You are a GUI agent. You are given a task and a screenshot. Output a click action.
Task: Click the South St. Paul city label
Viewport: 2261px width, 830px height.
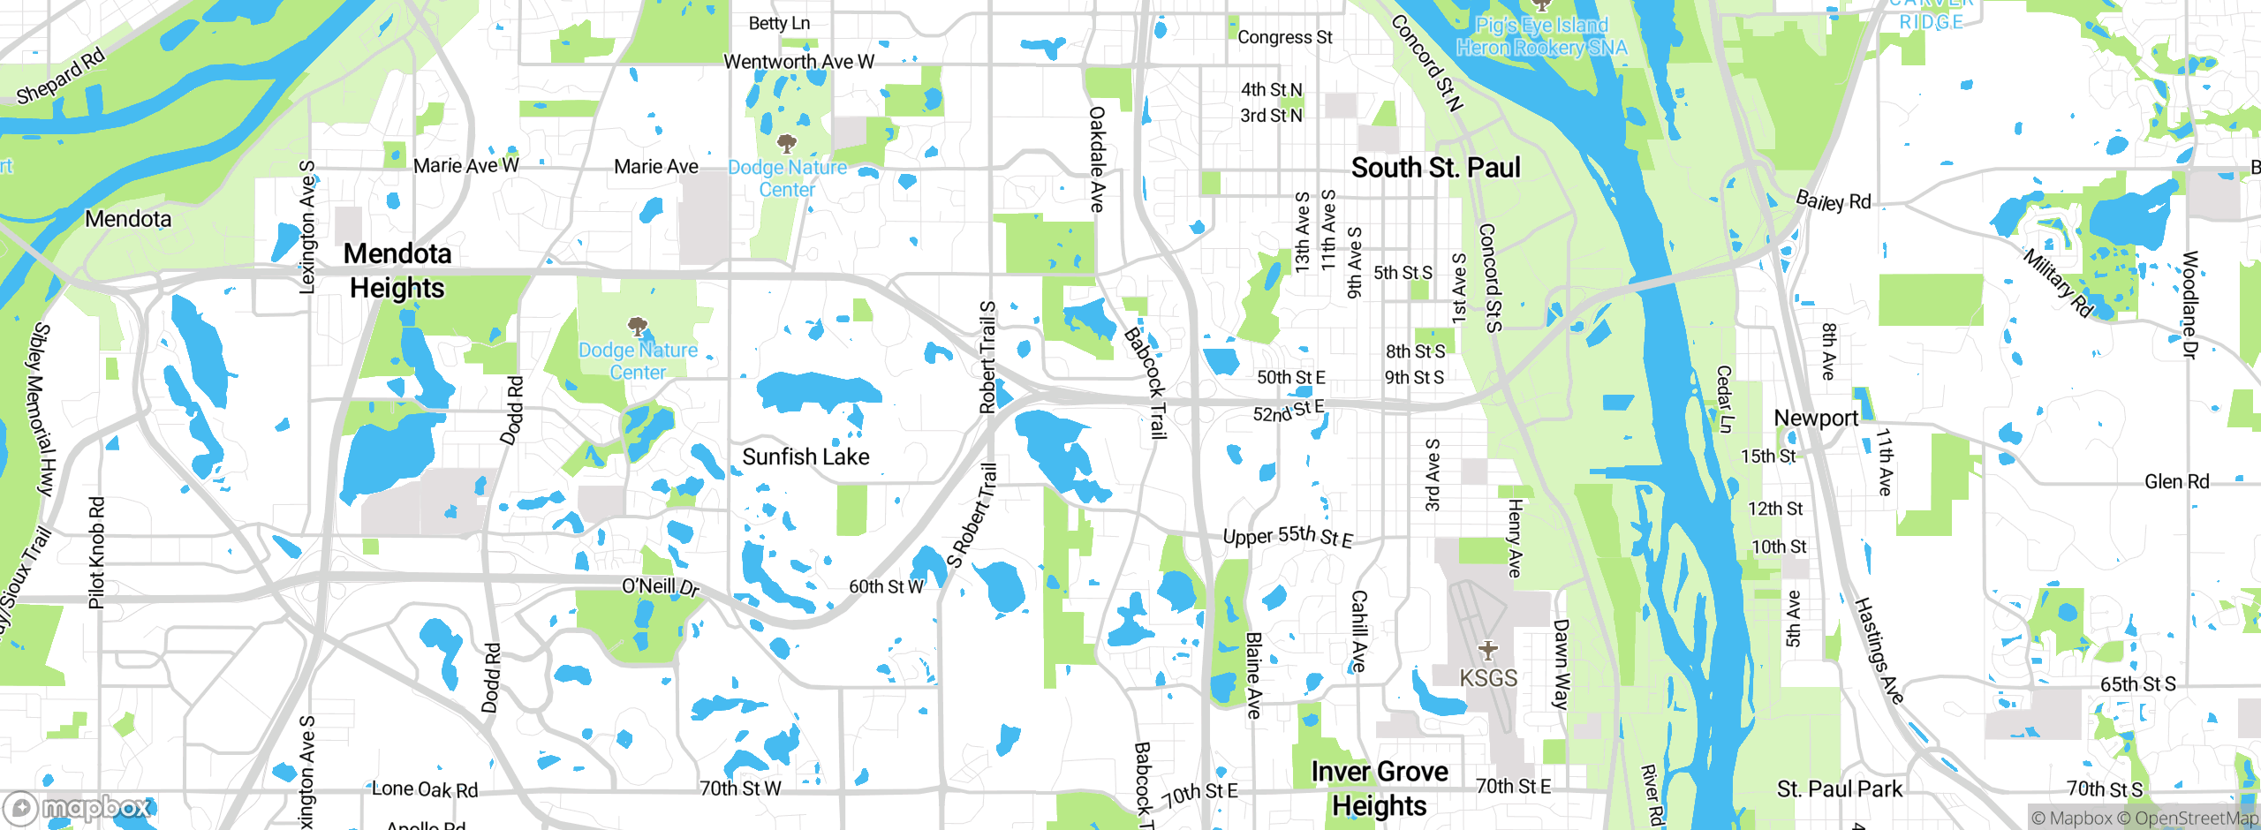1435,168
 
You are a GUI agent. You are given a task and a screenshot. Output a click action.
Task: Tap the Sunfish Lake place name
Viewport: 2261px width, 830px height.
805,456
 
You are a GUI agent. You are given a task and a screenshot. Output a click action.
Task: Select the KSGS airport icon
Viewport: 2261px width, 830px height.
1488,651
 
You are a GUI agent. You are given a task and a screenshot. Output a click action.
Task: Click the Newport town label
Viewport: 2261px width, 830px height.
1816,419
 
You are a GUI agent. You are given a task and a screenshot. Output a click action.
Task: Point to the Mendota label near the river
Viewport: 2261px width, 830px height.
128,219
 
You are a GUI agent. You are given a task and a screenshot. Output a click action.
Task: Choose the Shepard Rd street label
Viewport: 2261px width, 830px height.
60,76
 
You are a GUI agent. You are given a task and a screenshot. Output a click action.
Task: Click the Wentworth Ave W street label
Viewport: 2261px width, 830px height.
798,62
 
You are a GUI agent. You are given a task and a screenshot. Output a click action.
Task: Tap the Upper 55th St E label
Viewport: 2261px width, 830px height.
1287,536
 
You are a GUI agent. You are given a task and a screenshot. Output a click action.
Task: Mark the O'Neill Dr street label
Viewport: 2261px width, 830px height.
660,586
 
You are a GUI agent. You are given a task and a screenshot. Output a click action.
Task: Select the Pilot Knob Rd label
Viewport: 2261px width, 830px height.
97,553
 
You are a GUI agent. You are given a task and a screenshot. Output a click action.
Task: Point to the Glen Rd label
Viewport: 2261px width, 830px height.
2176,482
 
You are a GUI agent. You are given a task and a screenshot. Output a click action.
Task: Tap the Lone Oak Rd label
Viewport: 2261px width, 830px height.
424,789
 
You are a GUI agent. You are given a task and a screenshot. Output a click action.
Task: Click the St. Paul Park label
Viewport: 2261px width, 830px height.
1839,788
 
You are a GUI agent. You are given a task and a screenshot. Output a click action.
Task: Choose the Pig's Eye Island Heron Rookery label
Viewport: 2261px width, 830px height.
1541,36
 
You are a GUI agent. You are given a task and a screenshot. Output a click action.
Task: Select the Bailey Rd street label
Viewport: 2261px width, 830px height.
1834,200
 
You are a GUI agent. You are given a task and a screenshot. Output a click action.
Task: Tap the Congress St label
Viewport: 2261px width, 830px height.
1284,37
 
